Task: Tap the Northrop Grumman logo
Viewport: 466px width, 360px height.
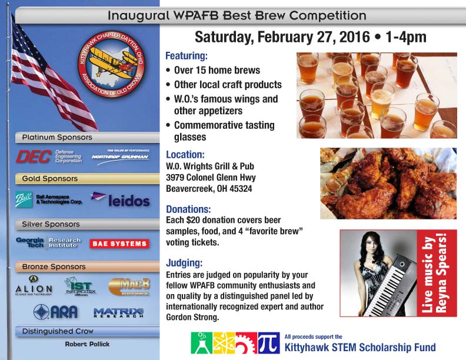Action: click(120, 156)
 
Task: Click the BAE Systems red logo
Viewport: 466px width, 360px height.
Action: click(118, 244)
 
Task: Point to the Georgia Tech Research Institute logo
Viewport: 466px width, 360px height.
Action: click(48, 242)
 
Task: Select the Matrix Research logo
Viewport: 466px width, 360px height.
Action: click(118, 312)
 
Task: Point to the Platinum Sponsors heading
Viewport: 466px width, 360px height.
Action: click(57, 137)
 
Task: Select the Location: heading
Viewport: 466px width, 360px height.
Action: click(185, 156)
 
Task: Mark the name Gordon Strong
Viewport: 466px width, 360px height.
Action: click(192, 318)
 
